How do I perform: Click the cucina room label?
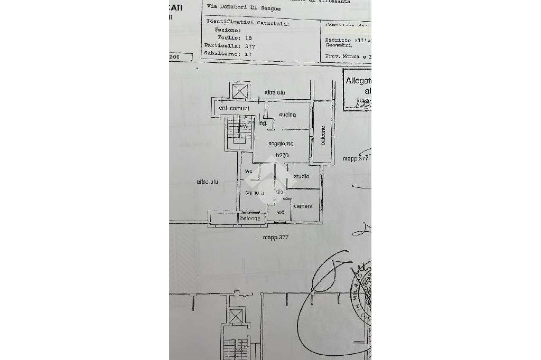tap(287, 115)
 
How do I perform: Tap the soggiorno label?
tap(281, 144)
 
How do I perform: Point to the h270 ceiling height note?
tap(282, 155)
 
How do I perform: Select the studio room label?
tap(301, 176)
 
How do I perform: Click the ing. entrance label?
tap(263, 124)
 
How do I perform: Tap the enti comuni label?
tap(234, 108)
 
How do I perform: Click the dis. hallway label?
tap(279, 192)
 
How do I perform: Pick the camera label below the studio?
tap(303, 206)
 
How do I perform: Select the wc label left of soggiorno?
tap(248, 171)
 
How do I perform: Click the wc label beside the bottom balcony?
tap(280, 212)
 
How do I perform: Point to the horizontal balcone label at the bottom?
tap(250, 219)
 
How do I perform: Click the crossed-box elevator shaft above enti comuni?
tap(239, 91)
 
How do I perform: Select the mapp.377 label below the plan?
tap(276, 238)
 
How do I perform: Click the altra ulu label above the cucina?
tap(275, 93)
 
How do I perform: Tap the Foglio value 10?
tap(248, 38)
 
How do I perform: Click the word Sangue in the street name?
tap(270, 8)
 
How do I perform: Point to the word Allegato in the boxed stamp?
tap(358, 81)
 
